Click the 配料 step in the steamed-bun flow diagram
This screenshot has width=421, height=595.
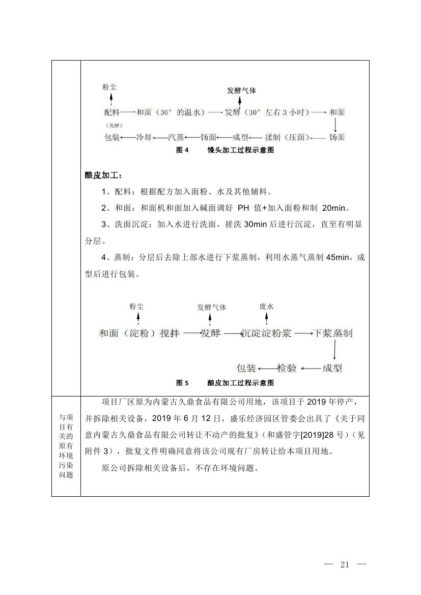[x=112, y=112]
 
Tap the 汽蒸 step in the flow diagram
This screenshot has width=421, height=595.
[x=176, y=137]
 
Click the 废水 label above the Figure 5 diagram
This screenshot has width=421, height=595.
[x=266, y=306]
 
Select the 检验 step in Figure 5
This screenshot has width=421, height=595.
[x=287, y=367]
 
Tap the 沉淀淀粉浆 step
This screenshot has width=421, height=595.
[x=266, y=333]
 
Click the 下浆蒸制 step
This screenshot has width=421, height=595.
[x=333, y=333]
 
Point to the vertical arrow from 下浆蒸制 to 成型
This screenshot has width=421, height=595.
[x=334, y=350]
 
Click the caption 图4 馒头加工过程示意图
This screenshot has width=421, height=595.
[x=225, y=150]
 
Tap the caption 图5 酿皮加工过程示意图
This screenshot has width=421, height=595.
[x=225, y=383]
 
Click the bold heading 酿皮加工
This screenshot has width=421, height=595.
[x=103, y=176]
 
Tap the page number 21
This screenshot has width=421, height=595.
[x=346, y=564]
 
